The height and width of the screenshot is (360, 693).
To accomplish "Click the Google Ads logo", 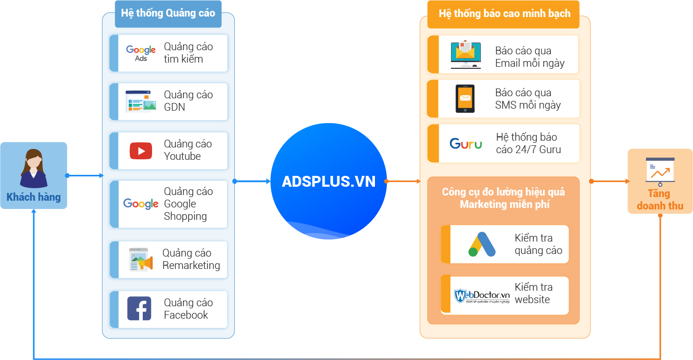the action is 141,53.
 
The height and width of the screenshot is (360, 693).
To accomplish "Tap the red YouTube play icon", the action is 141,151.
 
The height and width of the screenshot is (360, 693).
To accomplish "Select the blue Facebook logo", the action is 139,308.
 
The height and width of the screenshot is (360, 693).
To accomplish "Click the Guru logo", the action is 465,144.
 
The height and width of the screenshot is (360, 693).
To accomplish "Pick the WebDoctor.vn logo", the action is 481,296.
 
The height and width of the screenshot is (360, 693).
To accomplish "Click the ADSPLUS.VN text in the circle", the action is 328,182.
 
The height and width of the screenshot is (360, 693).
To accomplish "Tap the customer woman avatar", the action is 34,169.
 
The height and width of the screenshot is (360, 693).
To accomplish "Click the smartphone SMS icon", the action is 465,99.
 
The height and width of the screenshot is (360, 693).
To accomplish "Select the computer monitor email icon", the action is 465,54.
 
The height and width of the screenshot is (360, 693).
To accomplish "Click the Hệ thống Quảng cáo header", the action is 168,13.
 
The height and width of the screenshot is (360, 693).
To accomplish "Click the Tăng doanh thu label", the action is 660,200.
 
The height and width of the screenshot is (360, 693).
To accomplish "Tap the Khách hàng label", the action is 34,197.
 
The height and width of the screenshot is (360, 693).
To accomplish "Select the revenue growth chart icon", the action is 660,172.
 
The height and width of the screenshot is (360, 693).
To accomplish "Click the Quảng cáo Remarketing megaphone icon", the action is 141,260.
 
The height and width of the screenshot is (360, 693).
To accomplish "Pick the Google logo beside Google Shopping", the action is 141,204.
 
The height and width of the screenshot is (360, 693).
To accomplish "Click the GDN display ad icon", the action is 141,101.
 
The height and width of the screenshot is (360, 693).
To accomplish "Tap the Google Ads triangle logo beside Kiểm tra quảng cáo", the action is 482,244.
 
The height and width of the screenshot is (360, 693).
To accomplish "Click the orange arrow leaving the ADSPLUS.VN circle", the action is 402,182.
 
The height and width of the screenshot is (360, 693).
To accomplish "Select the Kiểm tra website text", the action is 534,293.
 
